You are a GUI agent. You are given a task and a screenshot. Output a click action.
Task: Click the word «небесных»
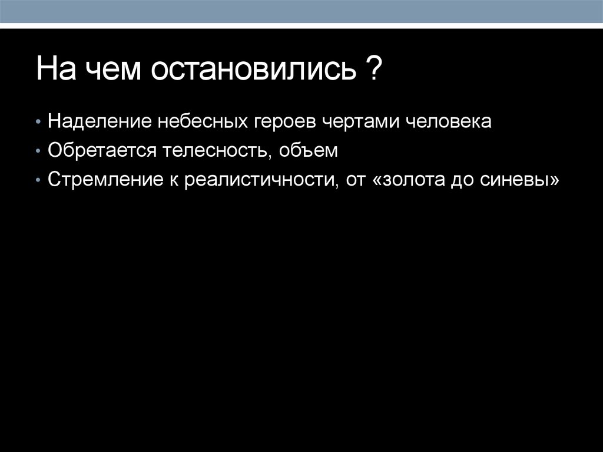coord(196,122)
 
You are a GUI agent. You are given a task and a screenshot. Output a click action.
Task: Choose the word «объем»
coord(309,150)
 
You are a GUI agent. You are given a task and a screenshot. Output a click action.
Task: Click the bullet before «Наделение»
coord(38,123)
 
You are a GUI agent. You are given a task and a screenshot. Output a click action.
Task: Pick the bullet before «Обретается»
coord(38,151)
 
